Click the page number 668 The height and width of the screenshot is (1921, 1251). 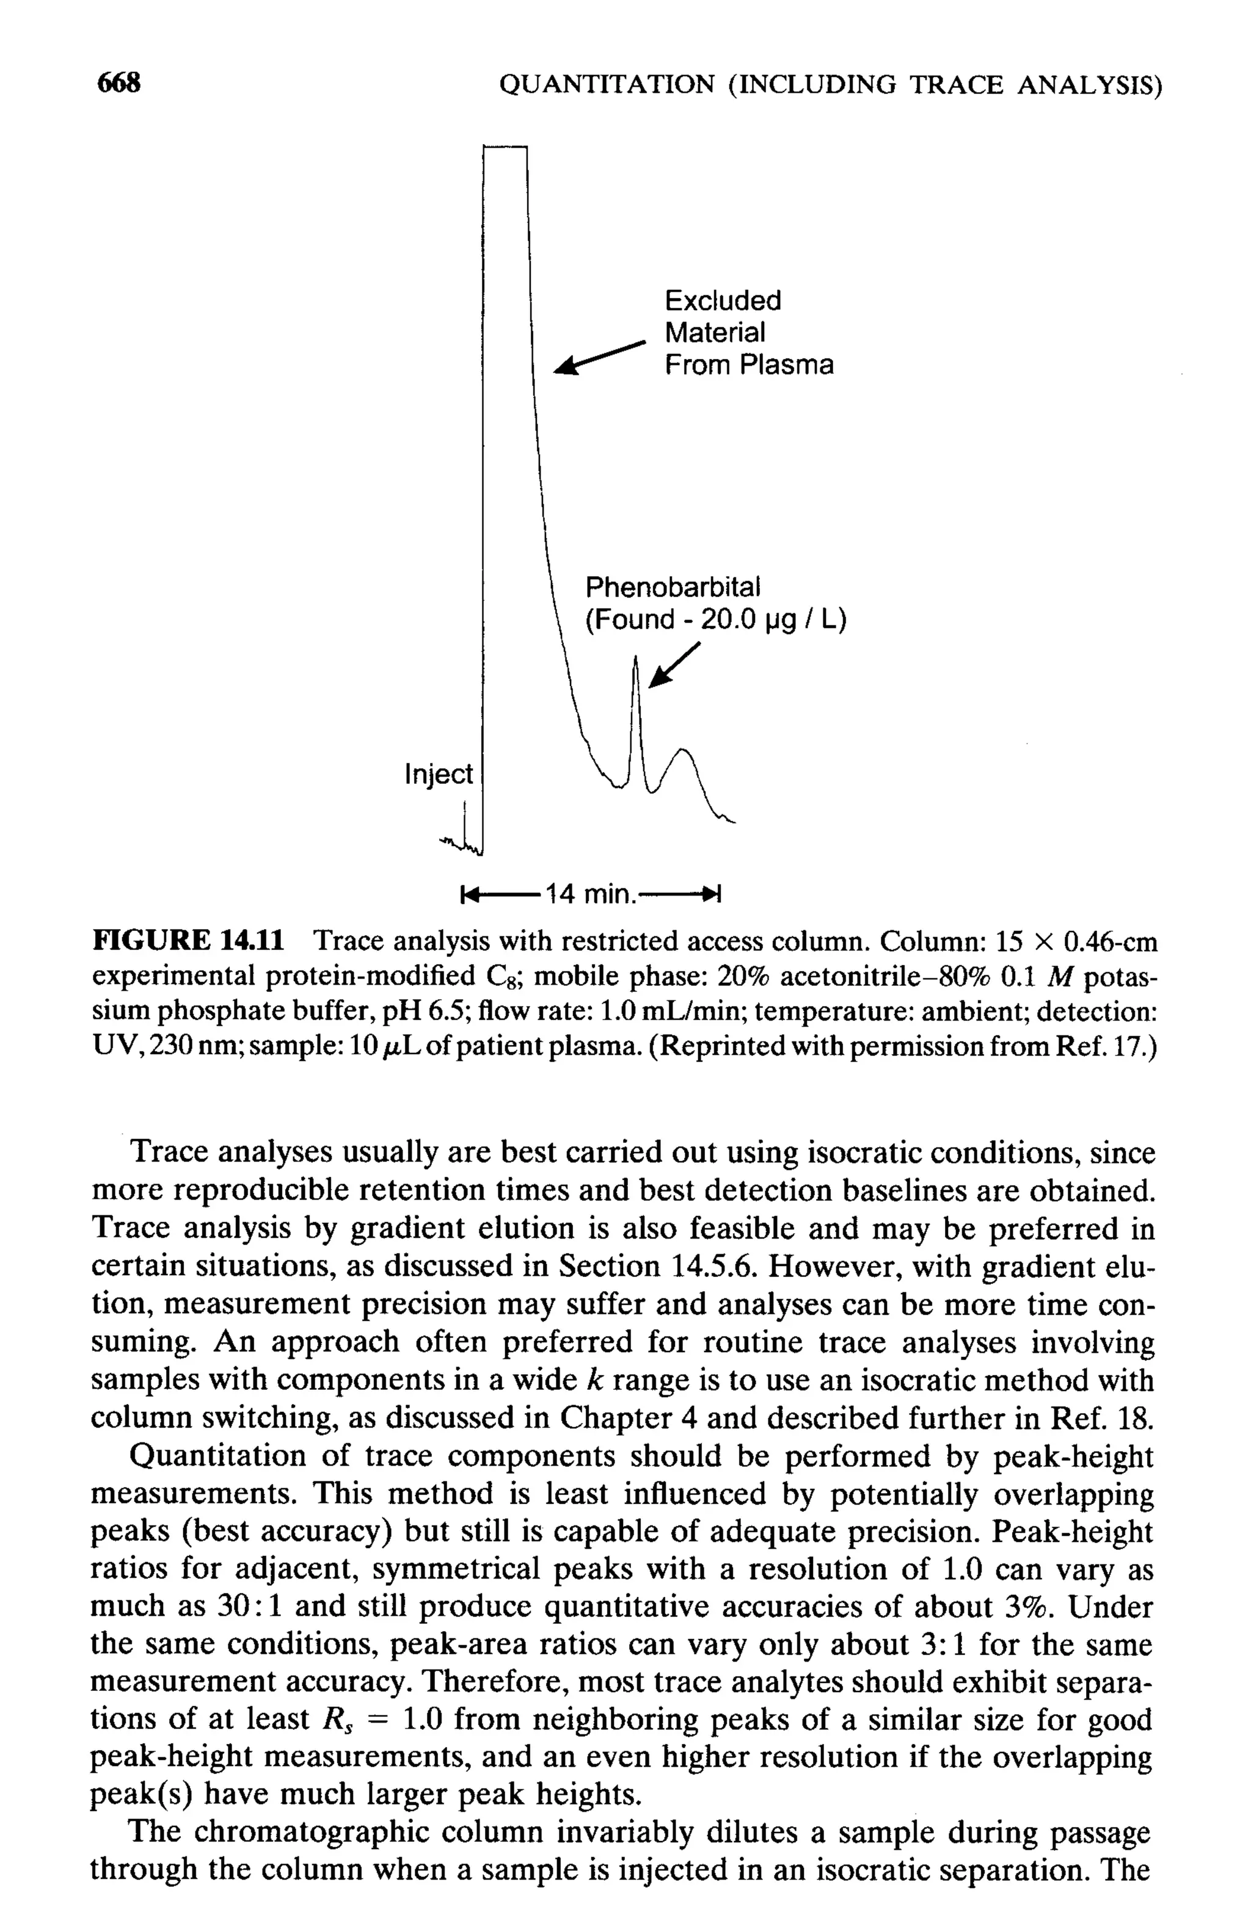click(119, 82)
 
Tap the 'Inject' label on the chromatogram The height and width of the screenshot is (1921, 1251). click(438, 773)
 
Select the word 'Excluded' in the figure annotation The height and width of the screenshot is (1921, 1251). click(723, 300)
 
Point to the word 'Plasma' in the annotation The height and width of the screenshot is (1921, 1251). click(787, 365)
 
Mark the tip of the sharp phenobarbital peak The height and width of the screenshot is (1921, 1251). click(636, 658)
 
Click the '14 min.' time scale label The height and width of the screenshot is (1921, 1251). click(589, 894)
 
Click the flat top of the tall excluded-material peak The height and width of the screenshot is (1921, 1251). click(505, 148)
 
